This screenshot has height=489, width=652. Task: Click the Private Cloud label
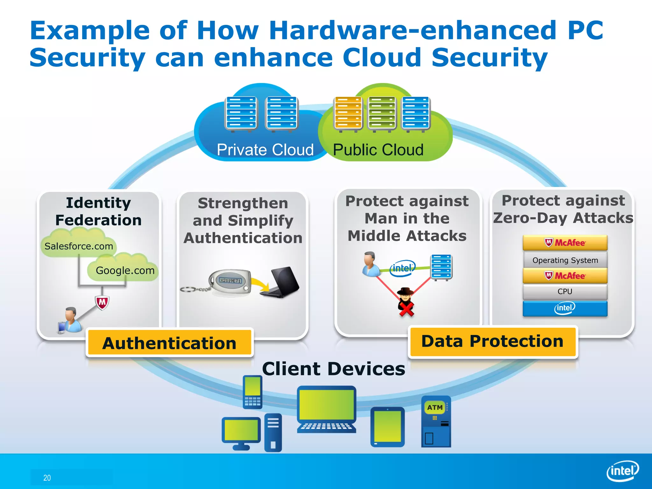[x=265, y=150]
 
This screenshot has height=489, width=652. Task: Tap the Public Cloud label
[x=378, y=150]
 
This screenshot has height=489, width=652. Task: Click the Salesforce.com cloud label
[x=79, y=246]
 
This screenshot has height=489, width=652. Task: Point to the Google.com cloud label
[x=125, y=271]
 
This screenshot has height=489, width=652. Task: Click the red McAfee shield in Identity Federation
[x=102, y=302]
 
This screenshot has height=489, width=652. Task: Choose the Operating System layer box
[x=565, y=260]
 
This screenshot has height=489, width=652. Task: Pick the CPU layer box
[x=565, y=291]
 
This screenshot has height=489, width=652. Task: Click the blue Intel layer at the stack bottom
[x=565, y=308]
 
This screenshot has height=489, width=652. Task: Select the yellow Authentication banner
[x=169, y=343]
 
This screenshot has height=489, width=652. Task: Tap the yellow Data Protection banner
[x=493, y=341]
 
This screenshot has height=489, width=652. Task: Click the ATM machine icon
[x=436, y=421]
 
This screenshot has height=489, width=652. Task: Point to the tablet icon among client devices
[x=387, y=427]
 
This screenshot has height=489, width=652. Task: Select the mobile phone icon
[x=252, y=392]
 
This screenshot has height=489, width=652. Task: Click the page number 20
[x=47, y=478]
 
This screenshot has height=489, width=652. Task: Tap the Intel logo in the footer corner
[x=623, y=471]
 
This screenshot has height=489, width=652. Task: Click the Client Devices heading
[x=333, y=369]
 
